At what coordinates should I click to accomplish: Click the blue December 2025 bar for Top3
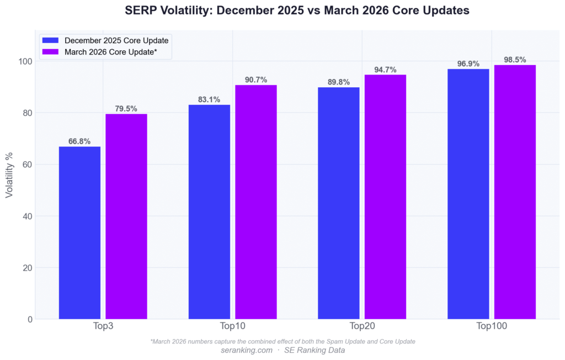pos(79,232)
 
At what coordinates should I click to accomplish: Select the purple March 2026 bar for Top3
pos(126,216)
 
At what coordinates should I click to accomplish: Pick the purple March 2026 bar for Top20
pos(385,197)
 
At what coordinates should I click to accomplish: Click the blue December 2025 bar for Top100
pos(468,194)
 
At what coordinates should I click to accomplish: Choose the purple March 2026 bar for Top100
pos(515,192)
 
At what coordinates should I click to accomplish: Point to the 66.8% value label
pos(79,141)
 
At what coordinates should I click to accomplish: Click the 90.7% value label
pos(256,80)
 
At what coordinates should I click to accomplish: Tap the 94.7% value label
pos(385,70)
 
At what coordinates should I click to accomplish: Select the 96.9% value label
pos(468,64)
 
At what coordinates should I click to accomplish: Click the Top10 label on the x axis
pos(232,327)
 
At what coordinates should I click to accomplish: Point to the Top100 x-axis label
pos(492,327)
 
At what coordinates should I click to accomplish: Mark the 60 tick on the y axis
pos(26,165)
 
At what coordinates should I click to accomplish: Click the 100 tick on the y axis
pos(24,61)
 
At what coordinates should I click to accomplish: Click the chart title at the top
pos(282,11)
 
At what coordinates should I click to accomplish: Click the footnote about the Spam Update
pos(282,341)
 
